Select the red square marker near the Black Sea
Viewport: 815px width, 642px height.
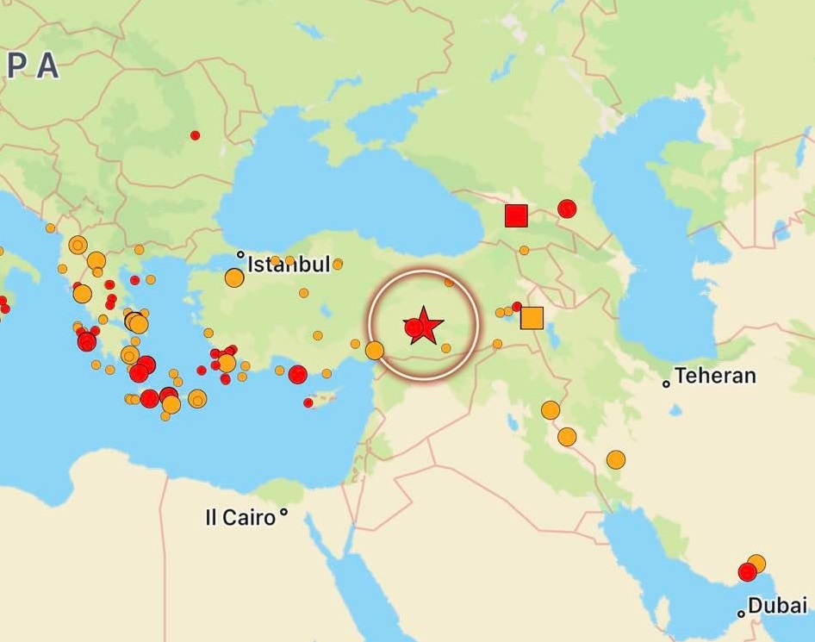coord(516,215)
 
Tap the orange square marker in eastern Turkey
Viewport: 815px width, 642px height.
coord(532,318)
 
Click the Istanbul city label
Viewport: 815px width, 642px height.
coord(289,265)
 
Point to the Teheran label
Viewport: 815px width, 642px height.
coord(715,376)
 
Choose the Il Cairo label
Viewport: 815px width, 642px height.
coord(240,517)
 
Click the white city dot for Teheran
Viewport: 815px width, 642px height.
coord(666,383)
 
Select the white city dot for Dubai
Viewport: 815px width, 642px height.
coord(741,614)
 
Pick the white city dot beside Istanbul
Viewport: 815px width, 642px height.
coord(241,255)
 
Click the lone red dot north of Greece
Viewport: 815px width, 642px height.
coord(195,135)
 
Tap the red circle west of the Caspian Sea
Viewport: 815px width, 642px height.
coord(567,209)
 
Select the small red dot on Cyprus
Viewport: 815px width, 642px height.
coord(308,402)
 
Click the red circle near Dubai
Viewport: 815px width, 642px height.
coord(747,572)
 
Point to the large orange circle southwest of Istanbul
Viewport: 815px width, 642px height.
coord(234,277)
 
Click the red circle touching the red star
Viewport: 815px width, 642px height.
coord(413,327)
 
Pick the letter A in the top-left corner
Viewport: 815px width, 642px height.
coord(47,67)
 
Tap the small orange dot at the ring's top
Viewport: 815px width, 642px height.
coord(449,282)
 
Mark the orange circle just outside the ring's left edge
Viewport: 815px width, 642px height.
coord(375,351)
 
